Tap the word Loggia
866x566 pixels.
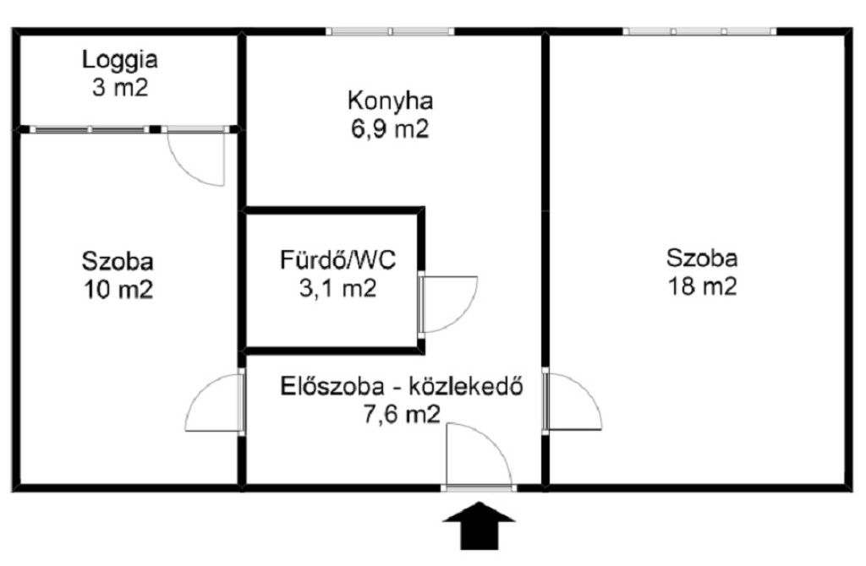(x=120, y=60)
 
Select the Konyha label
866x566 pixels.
(x=390, y=101)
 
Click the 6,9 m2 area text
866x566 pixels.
(x=390, y=129)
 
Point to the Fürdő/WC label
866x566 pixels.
(x=338, y=259)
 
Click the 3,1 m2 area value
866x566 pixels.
(x=338, y=288)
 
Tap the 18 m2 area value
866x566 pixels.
(x=702, y=287)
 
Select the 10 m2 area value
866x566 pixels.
(x=118, y=290)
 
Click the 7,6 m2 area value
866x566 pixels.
(x=402, y=414)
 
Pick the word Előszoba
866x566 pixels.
(x=332, y=386)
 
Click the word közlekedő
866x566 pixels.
(x=466, y=387)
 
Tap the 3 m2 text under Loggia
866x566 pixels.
(x=120, y=88)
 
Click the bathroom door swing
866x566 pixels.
(x=448, y=304)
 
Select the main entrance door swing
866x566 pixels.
(x=480, y=455)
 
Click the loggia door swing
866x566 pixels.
(x=196, y=156)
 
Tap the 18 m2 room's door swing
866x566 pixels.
(x=573, y=401)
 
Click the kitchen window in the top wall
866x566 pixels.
(x=390, y=31)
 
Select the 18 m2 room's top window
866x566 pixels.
(x=699, y=31)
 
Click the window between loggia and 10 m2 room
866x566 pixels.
(x=90, y=129)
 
